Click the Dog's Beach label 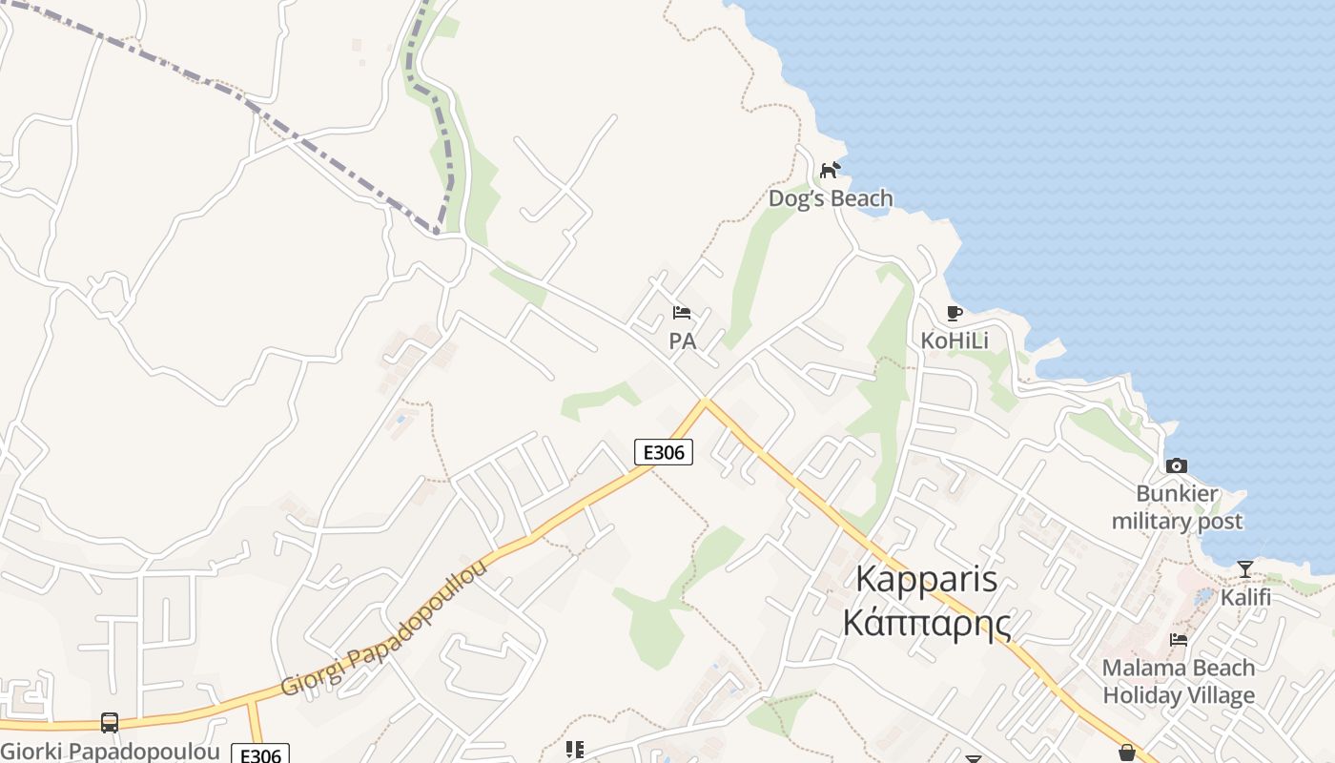point(831,198)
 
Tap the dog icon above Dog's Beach point(831,170)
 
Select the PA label point(682,340)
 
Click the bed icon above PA point(682,312)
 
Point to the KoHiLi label point(954,340)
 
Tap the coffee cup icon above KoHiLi point(954,313)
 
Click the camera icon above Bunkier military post point(1177,465)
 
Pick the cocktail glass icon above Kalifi point(1244,569)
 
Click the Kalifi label point(1245,597)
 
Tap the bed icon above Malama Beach point(1179,640)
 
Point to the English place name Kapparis point(926,579)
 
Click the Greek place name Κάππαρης point(926,622)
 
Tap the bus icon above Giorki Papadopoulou point(110,723)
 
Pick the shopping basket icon point(1126,753)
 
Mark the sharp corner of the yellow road point(706,402)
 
